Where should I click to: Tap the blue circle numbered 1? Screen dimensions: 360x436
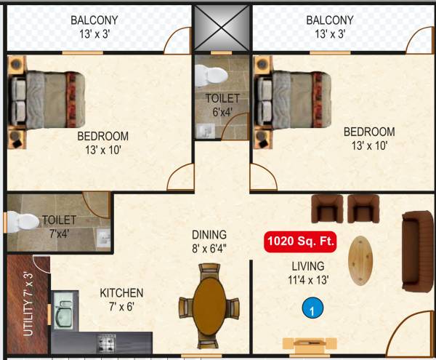311,309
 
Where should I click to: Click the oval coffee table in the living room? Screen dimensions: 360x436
362,261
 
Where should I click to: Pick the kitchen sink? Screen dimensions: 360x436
64,314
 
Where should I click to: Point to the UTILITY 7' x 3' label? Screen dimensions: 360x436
28,304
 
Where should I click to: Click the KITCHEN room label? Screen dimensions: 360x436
121,293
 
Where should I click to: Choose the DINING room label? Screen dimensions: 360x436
209,235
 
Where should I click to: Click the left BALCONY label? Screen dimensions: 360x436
94,20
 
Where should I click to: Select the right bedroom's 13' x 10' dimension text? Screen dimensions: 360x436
369,146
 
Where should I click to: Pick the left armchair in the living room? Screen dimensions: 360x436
326,209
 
